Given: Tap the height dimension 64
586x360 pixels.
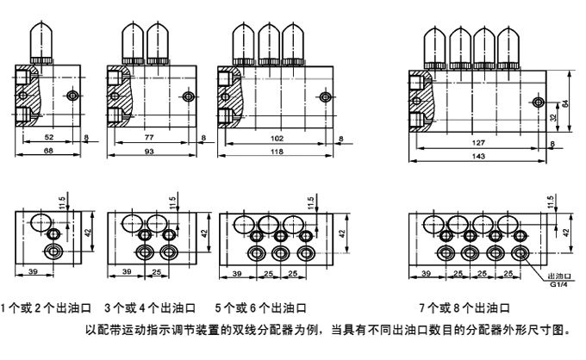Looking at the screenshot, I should point(566,102).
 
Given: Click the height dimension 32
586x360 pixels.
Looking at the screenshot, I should point(552,118).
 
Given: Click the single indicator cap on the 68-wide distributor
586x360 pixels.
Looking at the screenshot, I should point(41,41).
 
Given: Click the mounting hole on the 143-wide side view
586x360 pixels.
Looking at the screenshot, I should point(540,102).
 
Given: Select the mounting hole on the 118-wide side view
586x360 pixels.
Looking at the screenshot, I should point(325,96).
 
